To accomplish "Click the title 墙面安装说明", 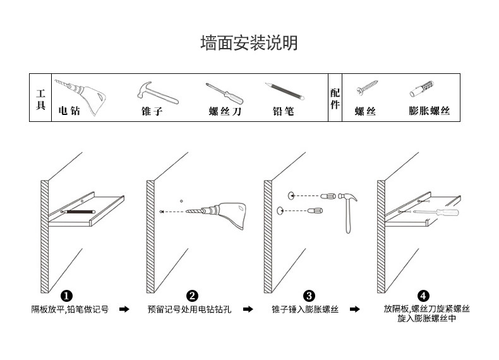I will click(x=249, y=43).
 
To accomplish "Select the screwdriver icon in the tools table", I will click(x=224, y=93).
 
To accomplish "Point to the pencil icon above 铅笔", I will click(x=284, y=92).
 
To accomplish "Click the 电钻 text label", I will click(x=69, y=111).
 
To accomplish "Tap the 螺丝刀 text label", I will click(x=225, y=112).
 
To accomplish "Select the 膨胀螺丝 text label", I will click(x=430, y=111).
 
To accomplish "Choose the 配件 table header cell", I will click(x=335, y=98).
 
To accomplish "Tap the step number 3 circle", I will click(x=309, y=296).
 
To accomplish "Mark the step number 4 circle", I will click(x=423, y=296).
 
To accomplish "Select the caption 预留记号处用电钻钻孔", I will click(x=189, y=309).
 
